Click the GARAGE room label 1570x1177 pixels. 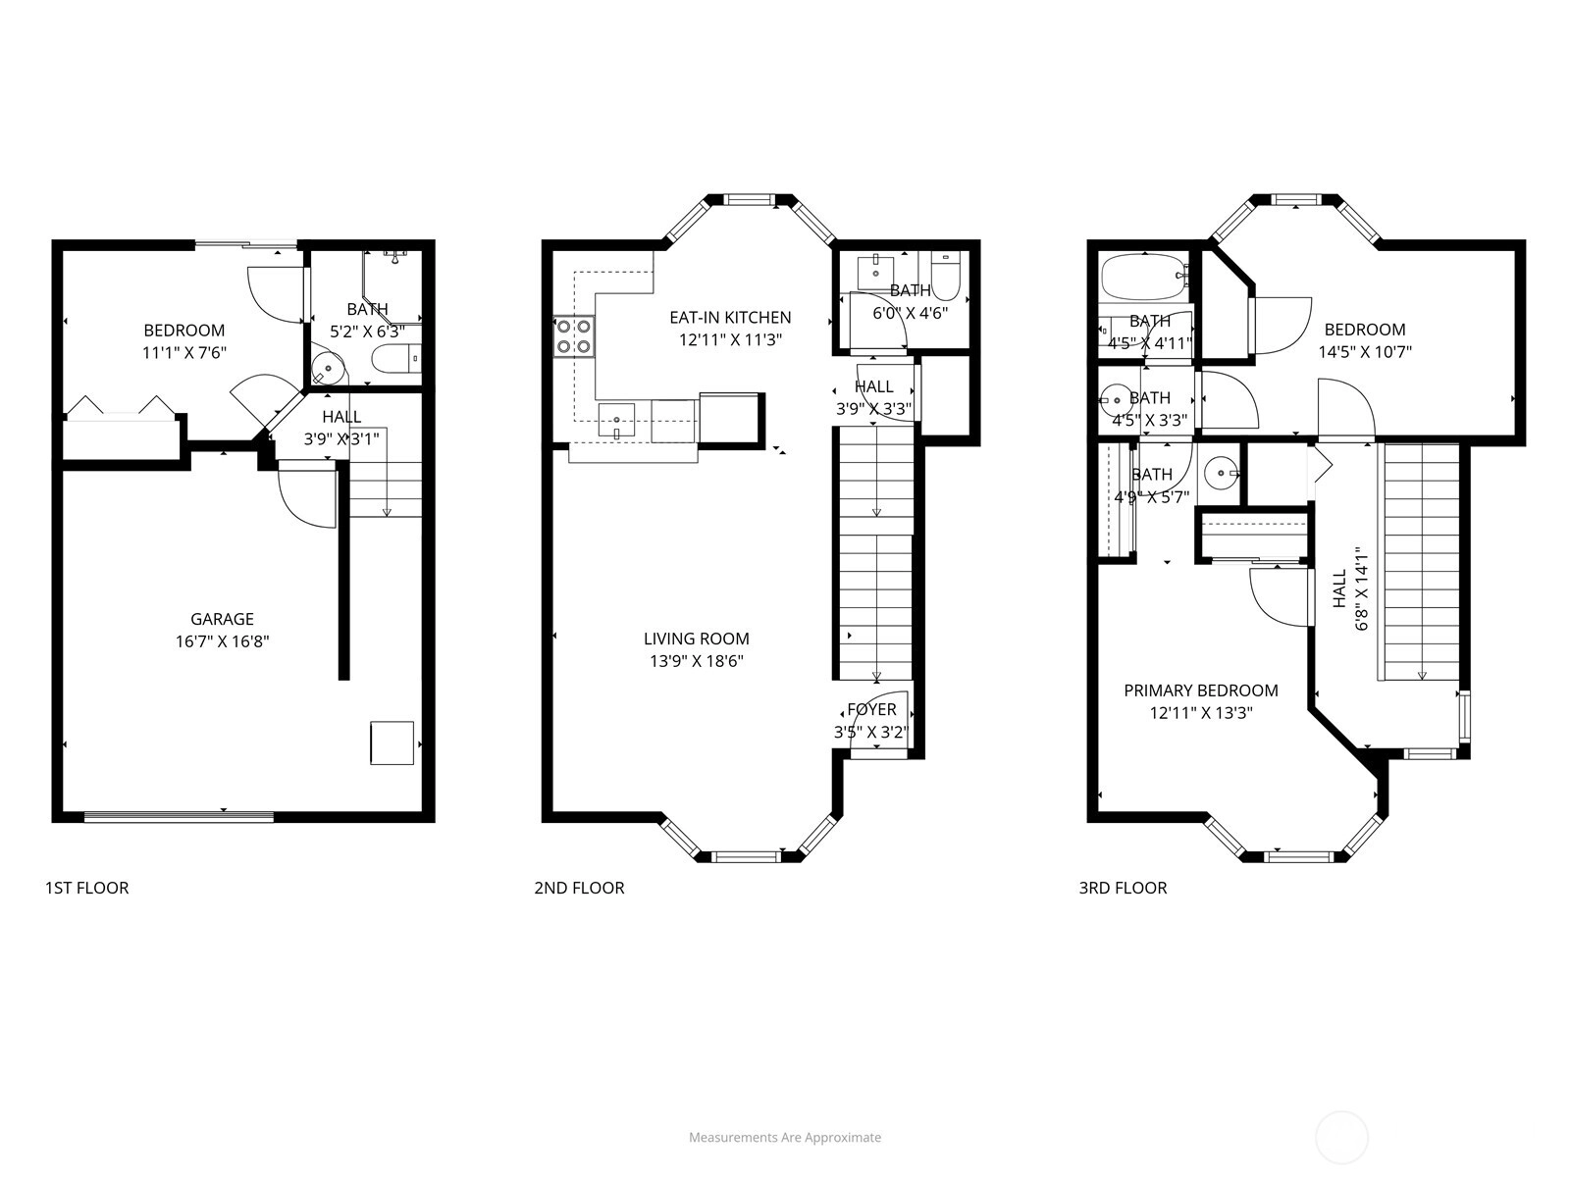(222, 619)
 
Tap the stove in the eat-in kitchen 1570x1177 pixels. (574, 336)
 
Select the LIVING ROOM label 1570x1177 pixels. (697, 639)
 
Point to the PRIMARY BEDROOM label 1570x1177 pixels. (1201, 691)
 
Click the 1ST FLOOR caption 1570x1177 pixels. (87, 888)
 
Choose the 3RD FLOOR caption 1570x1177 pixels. (1123, 888)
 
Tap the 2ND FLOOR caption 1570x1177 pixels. (579, 888)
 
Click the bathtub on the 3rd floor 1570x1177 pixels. (1144, 278)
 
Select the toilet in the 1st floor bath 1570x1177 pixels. (396, 358)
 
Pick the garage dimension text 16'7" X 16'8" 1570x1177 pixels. (223, 641)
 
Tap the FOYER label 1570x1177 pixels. (871, 709)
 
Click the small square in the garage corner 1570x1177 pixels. (392, 743)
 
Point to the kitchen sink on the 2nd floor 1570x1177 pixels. (616, 420)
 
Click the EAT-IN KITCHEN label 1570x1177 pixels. (730, 317)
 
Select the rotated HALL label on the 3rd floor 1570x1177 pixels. (1339, 588)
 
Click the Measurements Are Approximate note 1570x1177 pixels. (785, 1137)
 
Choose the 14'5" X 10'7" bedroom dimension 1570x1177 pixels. (1365, 351)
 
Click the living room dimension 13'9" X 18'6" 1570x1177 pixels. (697, 661)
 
